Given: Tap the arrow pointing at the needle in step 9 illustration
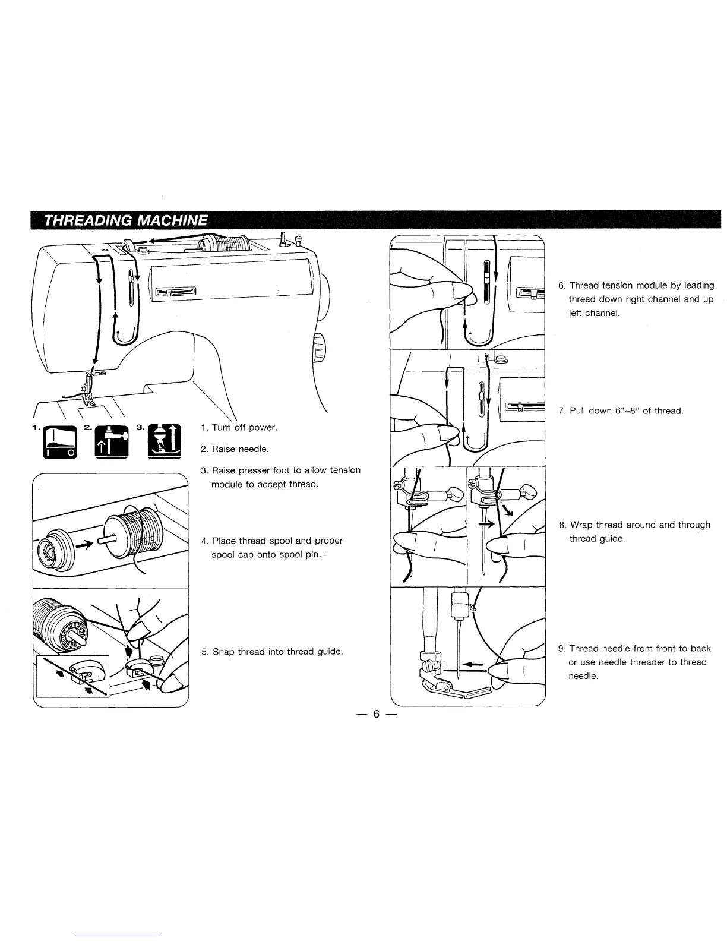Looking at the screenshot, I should coord(472,665).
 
